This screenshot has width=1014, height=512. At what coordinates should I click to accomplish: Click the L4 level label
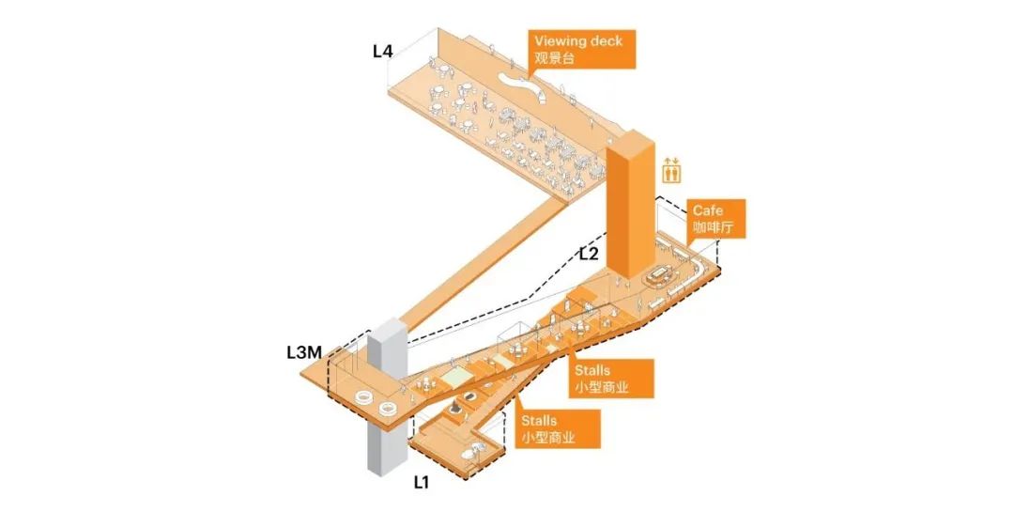coord(382,51)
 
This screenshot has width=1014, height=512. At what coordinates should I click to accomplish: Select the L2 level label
coord(589,254)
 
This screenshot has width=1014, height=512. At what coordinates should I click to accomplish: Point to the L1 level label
coord(422,482)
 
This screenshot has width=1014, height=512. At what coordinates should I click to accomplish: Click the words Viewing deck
coord(578,40)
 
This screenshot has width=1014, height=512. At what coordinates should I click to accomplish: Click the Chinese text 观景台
coord(554,58)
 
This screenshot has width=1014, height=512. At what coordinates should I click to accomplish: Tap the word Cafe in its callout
coord(708,210)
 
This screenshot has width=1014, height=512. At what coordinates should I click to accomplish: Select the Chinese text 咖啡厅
coord(714,228)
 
